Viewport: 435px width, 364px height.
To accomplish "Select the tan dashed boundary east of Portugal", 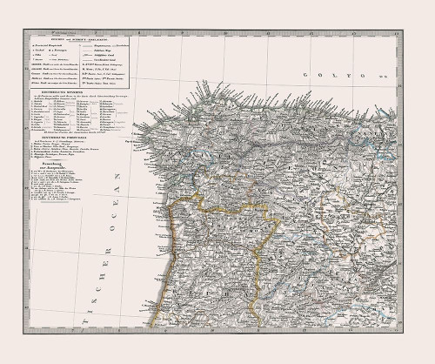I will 331,244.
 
